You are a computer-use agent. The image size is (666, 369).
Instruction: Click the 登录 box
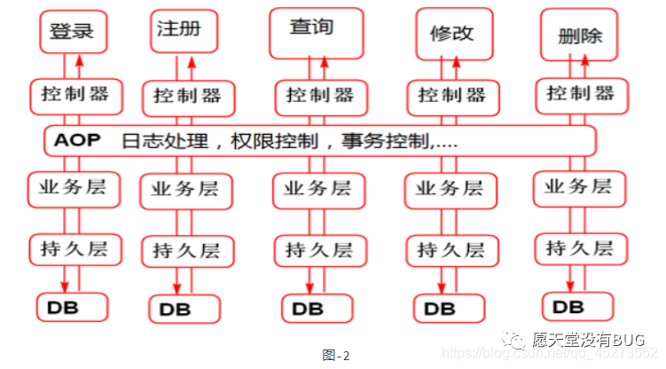point(72,32)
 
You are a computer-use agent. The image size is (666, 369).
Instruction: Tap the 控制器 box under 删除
point(580,93)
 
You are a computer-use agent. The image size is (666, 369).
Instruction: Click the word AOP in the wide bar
point(78,140)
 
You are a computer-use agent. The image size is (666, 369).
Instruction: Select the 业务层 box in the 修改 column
point(450,189)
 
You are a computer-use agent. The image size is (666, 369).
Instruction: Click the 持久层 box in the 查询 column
point(318,249)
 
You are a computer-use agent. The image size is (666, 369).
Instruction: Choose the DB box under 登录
point(71,305)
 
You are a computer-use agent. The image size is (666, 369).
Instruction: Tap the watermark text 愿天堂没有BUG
point(585,339)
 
